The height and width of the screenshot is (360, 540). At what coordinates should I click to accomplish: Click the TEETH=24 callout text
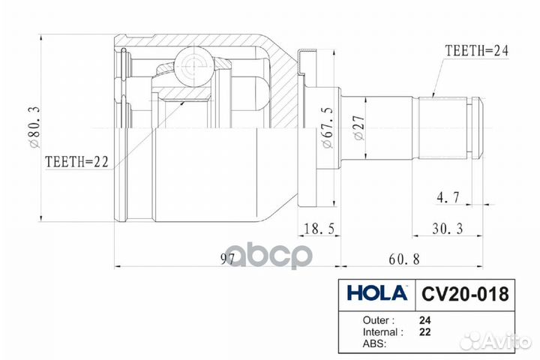478,52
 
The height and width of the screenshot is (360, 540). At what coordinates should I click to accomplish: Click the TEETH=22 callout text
76,160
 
